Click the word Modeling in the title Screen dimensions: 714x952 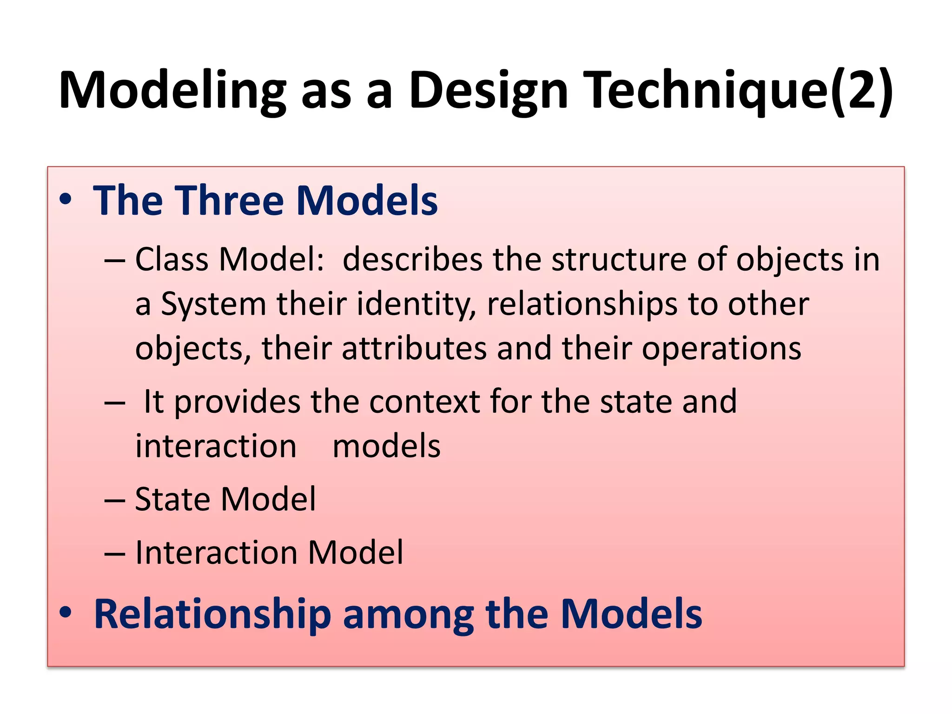(x=172, y=91)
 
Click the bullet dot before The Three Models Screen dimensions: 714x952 (x=66, y=199)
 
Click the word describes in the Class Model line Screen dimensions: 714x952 (x=412, y=259)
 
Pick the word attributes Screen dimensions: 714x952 (x=414, y=348)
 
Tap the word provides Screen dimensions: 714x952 (x=237, y=401)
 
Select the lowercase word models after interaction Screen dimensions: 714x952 (x=386, y=446)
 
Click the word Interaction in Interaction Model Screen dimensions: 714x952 (x=216, y=553)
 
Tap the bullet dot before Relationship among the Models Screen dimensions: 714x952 (x=66, y=613)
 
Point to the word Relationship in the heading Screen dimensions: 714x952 (x=212, y=615)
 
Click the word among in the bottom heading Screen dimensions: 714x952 (x=409, y=615)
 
